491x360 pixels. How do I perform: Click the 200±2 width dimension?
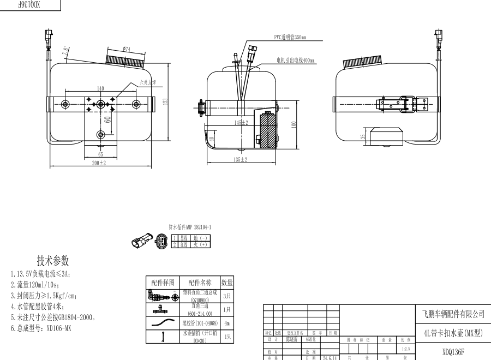pos(99,163)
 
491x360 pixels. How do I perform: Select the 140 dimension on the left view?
pos(100,88)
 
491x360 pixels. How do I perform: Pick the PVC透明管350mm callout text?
pos(290,38)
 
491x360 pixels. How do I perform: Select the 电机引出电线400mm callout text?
pos(295,61)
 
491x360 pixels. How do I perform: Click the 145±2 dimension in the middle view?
pos(241,123)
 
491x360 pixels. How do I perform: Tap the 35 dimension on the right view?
pos(363,137)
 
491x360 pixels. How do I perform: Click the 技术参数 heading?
pos(53,260)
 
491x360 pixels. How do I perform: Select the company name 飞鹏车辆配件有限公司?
pos(453,314)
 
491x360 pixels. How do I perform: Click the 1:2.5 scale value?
pos(405,348)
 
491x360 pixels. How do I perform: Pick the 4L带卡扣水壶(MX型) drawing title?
pos(453,333)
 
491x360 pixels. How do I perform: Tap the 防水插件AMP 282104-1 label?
pos(190,226)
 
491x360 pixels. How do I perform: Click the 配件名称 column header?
pos(200,283)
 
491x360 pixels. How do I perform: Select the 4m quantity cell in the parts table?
pos(226,323)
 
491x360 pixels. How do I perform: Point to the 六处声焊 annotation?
pos(147,82)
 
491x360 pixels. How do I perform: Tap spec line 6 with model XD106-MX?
pos(41,328)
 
